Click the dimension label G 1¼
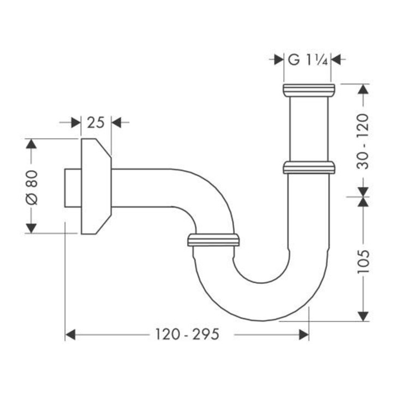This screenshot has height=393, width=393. tap(308, 59)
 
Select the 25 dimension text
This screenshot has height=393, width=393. tap(96, 123)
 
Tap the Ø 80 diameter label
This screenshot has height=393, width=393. tap(32, 187)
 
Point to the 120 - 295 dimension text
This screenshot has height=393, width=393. tap(187, 335)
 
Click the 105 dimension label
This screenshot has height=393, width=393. tap(363, 261)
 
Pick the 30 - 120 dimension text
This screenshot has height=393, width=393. tap(363, 141)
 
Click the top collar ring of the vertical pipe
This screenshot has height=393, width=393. tap(309, 90)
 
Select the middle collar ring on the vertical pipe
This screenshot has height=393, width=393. tap(309, 168)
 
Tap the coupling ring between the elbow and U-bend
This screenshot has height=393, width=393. tap(213, 240)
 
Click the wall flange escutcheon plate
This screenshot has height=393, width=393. tap(96, 187)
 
